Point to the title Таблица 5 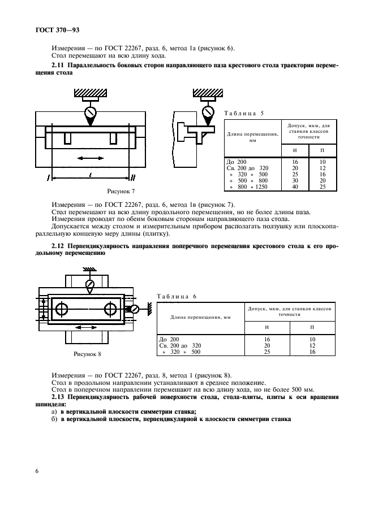[244, 113]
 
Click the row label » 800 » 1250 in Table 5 [249, 187]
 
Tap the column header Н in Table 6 [266, 327]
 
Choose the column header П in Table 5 [322, 151]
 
